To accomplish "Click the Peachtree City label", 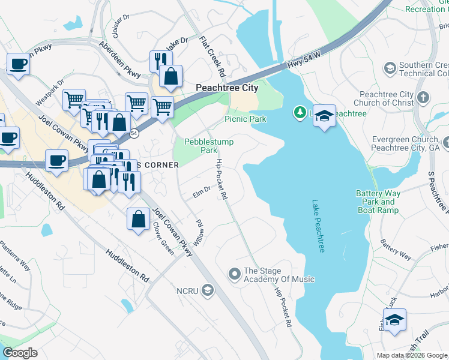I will [227, 88].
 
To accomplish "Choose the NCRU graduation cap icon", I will [208, 291].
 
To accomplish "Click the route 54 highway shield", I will [134, 133].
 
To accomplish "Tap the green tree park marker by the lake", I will [299, 112].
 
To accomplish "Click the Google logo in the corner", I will [20, 353].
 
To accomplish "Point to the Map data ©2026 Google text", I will [412, 355].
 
